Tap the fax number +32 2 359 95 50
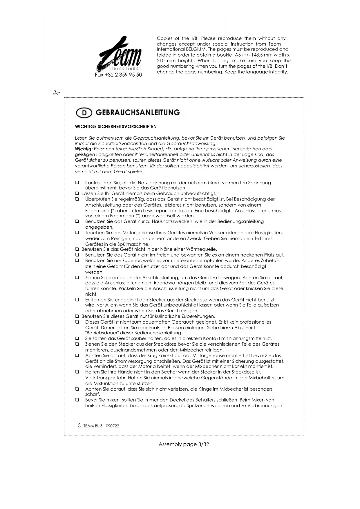click(x=118, y=75)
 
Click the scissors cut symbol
click(x=56, y=93)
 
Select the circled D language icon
click(x=84, y=113)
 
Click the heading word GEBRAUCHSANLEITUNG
click(x=138, y=113)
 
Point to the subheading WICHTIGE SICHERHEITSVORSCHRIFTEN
click(x=116, y=127)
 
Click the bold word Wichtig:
click(x=84, y=149)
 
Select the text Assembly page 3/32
click(x=184, y=444)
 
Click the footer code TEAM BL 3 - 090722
click(x=101, y=426)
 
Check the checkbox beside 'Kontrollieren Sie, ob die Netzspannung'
click(x=77, y=183)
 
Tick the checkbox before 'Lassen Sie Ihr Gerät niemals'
click(x=77, y=194)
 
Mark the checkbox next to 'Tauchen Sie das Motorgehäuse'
click(x=77, y=233)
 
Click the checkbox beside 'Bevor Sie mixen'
click(x=77, y=400)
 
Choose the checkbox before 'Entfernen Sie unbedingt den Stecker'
click(x=77, y=300)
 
